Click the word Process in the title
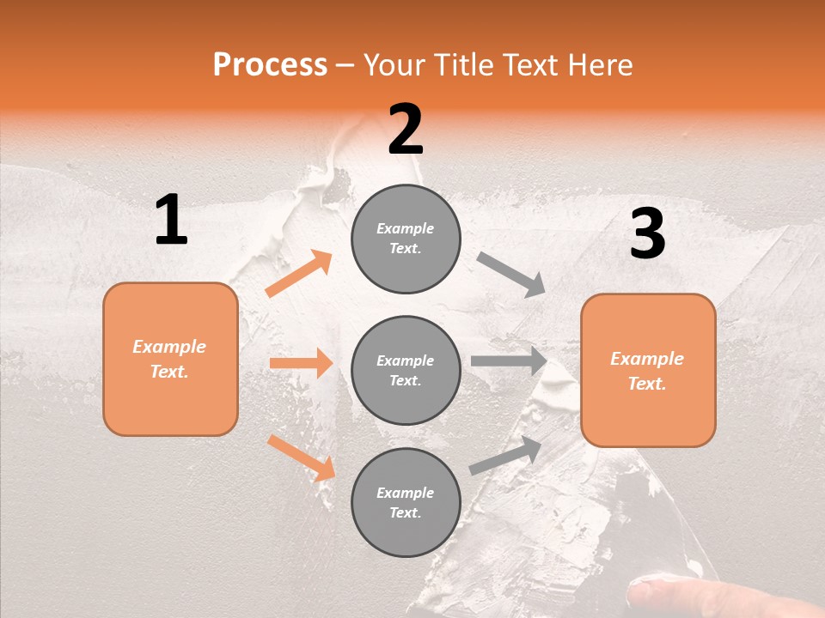click(270, 65)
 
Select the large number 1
click(171, 221)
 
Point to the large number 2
click(406, 130)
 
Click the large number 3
click(647, 234)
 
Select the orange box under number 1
click(170, 359)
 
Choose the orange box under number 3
click(648, 370)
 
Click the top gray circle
click(406, 239)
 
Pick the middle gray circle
click(406, 370)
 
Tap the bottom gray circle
click(406, 502)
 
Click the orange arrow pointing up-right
click(299, 274)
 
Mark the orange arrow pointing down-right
click(301, 457)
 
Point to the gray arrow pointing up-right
click(505, 456)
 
